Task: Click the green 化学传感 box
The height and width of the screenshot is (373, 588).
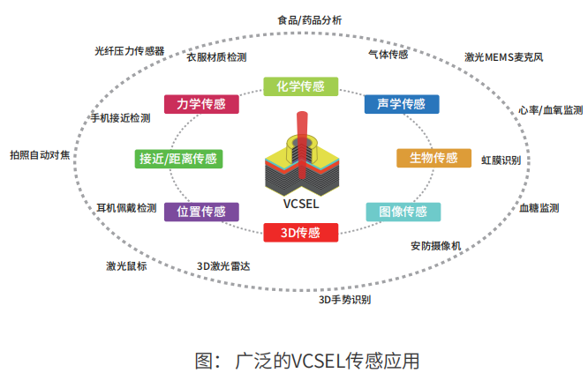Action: pyautogui.click(x=300, y=86)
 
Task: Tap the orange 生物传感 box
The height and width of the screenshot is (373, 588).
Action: pyautogui.click(x=433, y=158)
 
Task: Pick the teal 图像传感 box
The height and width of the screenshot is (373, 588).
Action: pyautogui.click(x=403, y=212)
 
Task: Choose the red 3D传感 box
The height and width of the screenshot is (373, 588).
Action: pyautogui.click(x=300, y=233)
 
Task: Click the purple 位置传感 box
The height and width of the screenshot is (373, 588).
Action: pyautogui.click(x=201, y=212)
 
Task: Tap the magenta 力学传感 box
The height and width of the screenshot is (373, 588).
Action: pyautogui.click(x=201, y=104)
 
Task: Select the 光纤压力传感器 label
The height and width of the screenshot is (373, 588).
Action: pyautogui.click(x=130, y=50)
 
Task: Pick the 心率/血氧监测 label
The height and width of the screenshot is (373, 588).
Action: pyautogui.click(x=550, y=110)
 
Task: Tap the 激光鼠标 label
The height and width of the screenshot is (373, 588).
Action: pyautogui.click(x=126, y=265)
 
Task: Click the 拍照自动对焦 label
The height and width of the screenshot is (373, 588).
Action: pyautogui.click(x=40, y=155)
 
